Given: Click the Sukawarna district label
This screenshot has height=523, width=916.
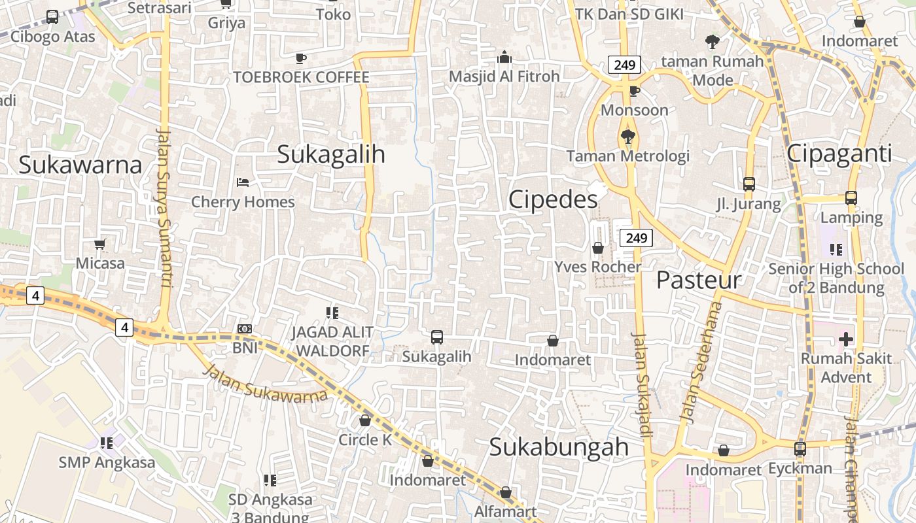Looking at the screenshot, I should pyautogui.click(x=80, y=165).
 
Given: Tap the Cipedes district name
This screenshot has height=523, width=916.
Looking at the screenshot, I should pyautogui.click(x=553, y=199).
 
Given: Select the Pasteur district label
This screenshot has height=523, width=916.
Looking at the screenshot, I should pyautogui.click(x=699, y=280).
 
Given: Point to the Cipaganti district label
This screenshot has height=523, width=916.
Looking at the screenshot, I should pyautogui.click(x=839, y=154).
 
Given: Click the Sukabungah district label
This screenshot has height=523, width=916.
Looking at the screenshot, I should pyautogui.click(x=559, y=447).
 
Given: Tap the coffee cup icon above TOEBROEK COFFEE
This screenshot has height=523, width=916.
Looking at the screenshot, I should pyautogui.click(x=301, y=58).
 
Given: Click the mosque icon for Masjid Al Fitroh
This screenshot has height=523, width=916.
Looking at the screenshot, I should pyautogui.click(x=504, y=58).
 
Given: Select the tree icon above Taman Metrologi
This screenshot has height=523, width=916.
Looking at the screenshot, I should pyautogui.click(x=627, y=137).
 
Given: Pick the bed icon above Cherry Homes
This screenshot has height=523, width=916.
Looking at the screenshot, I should pyautogui.click(x=243, y=182).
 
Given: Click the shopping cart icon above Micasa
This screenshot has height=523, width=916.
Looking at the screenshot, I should pyautogui.click(x=99, y=245).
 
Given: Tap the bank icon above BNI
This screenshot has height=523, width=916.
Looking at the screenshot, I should pyautogui.click(x=245, y=329).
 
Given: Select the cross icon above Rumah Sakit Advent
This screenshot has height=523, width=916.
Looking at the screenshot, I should pyautogui.click(x=846, y=339).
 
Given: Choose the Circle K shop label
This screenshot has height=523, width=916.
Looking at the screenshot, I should pyautogui.click(x=365, y=440).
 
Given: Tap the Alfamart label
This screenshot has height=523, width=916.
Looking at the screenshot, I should pyautogui.click(x=505, y=511).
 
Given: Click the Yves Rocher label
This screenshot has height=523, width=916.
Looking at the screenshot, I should pyautogui.click(x=598, y=267).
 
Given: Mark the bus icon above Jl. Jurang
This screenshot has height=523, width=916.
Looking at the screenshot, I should pyautogui.click(x=749, y=184).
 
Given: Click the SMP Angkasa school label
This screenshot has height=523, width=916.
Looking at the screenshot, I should pyautogui.click(x=107, y=463).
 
